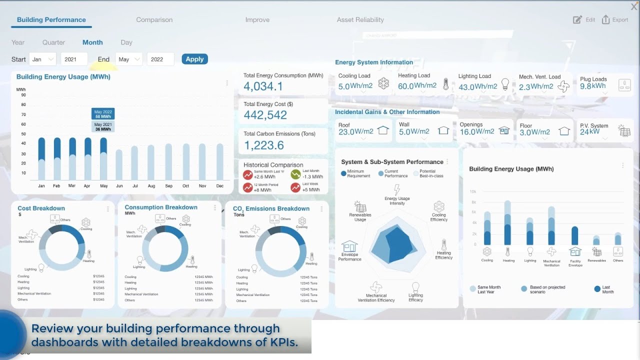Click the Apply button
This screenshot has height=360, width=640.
pyautogui.click(x=194, y=59)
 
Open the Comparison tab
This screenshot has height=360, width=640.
pyautogui.click(x=154, y=20)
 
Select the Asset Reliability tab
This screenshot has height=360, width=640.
pyautogui.click(x=360, y=20)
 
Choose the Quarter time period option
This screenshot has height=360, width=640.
pyautogui.click(x=53, y=42)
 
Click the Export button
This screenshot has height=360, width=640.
pyautogui.click(x=615, y=20)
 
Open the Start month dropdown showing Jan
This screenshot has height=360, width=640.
pyautogui.click(x=42, y=59)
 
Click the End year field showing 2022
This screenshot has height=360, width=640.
pyautogui.click(x=160, y=59)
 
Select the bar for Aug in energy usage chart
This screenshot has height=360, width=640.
pyautogui.click(x=151, y=162)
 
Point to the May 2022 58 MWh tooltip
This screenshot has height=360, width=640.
pyautogui.click(x=102, y=114)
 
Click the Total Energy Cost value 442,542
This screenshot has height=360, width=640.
pyautogui.click(x=265, y=115)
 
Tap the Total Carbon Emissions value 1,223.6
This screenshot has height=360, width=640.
pyautogui.click(x=263, y=145)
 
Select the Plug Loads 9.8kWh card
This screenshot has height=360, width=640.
pyautogui.click(x=604, y=83)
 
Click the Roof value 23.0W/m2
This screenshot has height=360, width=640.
pyautogui.click(x=356, y=132)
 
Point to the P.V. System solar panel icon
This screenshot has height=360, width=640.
pyautogui.click(x=624, y=131)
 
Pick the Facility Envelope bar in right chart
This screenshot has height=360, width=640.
pyautogui.click(x=575, y=236)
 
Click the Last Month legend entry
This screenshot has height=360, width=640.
pyautogui.click(x=602, y=289)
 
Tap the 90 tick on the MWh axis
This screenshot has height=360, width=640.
pyautogui.click(x=23, y=95)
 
